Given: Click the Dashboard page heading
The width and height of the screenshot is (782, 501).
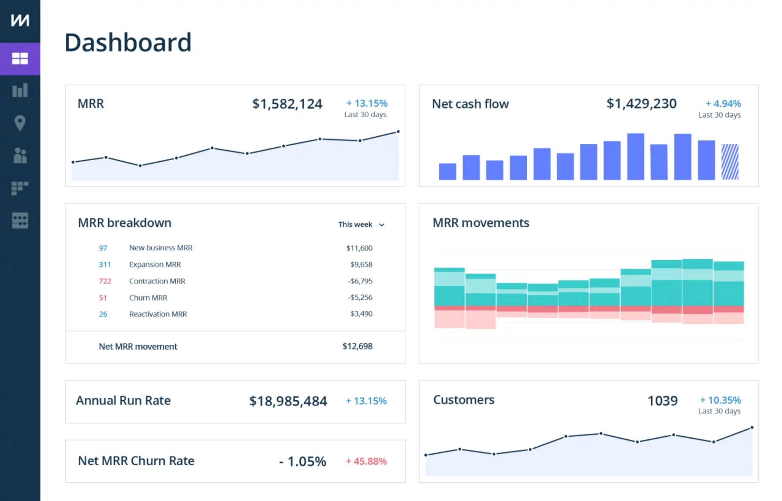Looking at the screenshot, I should [x=128, y=42].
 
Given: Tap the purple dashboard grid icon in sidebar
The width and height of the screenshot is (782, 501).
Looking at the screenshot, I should [x=20, y=59].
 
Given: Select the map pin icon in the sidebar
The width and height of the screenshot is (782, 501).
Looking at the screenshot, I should [x=20, y=123].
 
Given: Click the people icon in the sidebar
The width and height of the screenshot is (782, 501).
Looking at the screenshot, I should [x=20, y=156].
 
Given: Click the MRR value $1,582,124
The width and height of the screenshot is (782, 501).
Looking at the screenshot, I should [x=287, y=104].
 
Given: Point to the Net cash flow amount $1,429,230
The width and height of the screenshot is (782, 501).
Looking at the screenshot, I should [x=641, y=104].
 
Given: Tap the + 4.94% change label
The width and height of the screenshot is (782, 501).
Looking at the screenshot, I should [x=723, y=104].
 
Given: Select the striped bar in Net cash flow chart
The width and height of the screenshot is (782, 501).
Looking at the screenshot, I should [x=730, y=162].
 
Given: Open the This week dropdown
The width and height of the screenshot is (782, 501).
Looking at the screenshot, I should [x=361, y=225].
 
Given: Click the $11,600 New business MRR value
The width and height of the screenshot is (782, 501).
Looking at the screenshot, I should [x=359, y=248].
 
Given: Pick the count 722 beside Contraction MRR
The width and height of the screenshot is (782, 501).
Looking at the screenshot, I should [x=105, y=281].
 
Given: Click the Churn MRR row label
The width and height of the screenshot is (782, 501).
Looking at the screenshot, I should [x=148, y=298].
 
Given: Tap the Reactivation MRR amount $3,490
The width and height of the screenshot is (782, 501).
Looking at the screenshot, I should [x=361, y=314].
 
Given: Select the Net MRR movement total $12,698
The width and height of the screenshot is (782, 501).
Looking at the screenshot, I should [x=357, y=346].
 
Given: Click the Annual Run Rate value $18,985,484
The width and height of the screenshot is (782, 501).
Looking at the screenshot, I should [x=288, y=401].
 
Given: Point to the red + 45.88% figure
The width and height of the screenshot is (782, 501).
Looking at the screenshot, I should [x=366, y=462].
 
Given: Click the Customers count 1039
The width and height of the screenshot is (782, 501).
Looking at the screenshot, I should [x=662, y=401].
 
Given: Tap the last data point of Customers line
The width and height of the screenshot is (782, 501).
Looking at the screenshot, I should [x=752, y=428].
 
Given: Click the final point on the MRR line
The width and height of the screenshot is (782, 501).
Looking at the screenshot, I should [x=398, y=132].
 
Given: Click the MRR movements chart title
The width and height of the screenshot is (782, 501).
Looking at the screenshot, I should [x=481, y=223].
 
